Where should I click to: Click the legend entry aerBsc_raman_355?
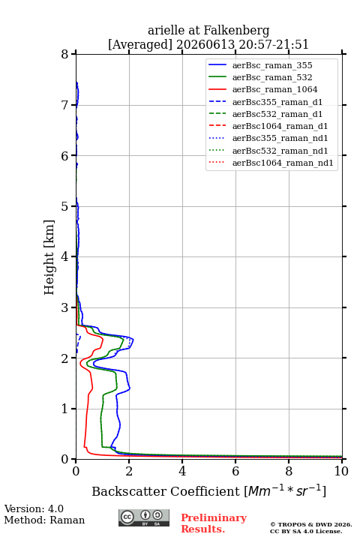(272, 65)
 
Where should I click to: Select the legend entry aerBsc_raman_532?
(272, 77)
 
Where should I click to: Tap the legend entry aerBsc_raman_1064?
(275, 89)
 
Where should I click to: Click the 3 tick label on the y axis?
(64, 307)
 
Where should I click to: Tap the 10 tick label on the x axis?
(341, 471)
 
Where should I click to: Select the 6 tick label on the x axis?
(235, 471)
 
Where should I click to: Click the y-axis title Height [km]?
(49, 257)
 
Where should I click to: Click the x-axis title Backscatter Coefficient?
(165, 491)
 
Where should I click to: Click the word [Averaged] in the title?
(139, 44)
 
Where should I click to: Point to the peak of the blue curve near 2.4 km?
(133, 340)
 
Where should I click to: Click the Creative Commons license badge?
(144, 517)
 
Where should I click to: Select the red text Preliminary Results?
(214, 523)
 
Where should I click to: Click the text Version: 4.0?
(34, 508)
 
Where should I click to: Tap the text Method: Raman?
(44, 520)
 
